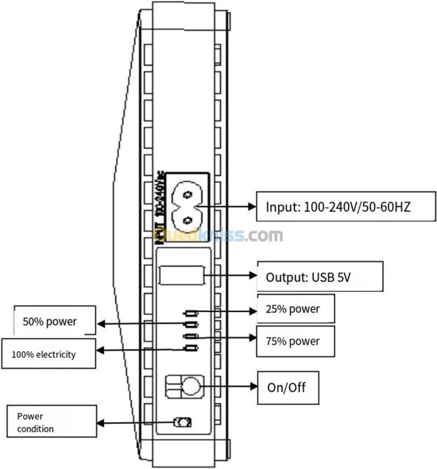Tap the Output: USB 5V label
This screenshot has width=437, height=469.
tap(320, 276)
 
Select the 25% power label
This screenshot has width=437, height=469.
tap(295, 309)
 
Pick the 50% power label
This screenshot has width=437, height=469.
tap(54, 321)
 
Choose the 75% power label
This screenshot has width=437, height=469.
tap(295, 341)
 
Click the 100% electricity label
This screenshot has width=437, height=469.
tap(48, 354)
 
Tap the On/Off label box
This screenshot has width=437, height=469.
tap(288, 387)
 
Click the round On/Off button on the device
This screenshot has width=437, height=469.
tap(190, 386)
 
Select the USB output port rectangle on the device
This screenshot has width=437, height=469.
tap(182, 275)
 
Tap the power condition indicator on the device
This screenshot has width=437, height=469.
tap(182, 422)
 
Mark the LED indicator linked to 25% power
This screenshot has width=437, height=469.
tap(191, 313)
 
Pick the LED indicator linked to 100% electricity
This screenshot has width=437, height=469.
tap(191, 348)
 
